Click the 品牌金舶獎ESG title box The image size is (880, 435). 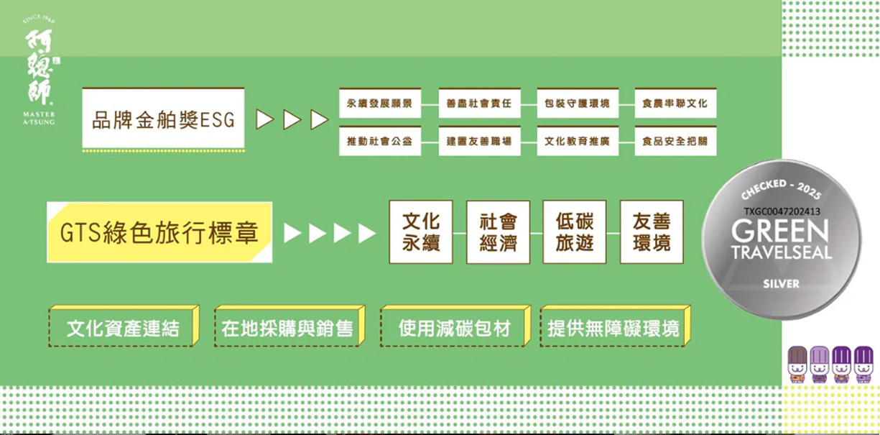pyautogui.click(x=163, y=119)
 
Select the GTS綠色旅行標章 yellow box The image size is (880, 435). pyautogui.click(x=159, y=233)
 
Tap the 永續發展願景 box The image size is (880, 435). pyautogui.click(x=379, y=104)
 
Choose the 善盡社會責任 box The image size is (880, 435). pyautogui.click(x=479, y=104)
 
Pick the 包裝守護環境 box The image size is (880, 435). pyautogui.click(x=577, y=104)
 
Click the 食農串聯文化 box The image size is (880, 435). pyautogui.click(x=675, y=104)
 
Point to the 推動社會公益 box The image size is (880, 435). pyautogui.click(x=379, y=141)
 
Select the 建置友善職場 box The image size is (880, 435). pyautogui.click(x=479, y=141)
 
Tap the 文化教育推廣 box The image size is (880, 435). pyautogui.click(x=577, y=141)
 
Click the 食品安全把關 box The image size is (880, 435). pyautogui.click(x=675, y=141)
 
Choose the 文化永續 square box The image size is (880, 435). pyautogui.click(x=421, y=232)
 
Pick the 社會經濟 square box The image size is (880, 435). pyautogui.click(x=498, y=232)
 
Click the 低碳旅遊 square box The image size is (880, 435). pyautogui.click(x=575, y=232)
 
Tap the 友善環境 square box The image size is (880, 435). pyautogui.click(x=652, y=232)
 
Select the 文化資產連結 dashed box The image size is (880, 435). pyautogui.click(x=123, y=329)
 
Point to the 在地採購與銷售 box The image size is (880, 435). pyautogui.click(x=287, y=329)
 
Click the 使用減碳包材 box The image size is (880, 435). pyautogui.click(x=454, y=329)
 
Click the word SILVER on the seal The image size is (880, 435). pyautogui.click(x=781, y=284)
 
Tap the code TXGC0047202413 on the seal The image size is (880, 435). pyautogui.click(x=782, y=211)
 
